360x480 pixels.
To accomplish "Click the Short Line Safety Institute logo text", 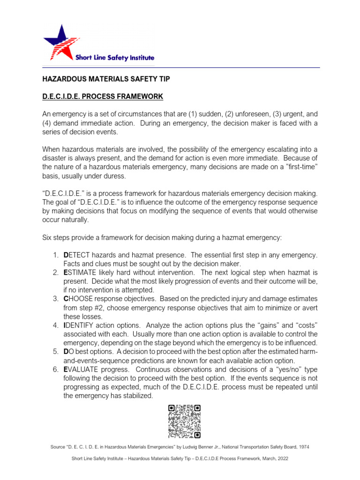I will [115, 58].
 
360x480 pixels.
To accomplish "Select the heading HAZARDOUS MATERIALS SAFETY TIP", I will [104, 80].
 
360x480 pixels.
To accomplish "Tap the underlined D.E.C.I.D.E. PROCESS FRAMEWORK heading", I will [103, 97].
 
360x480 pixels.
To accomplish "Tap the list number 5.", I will [55, 352].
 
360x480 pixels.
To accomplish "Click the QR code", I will [184, 421].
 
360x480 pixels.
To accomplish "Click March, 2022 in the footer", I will [273, 458].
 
